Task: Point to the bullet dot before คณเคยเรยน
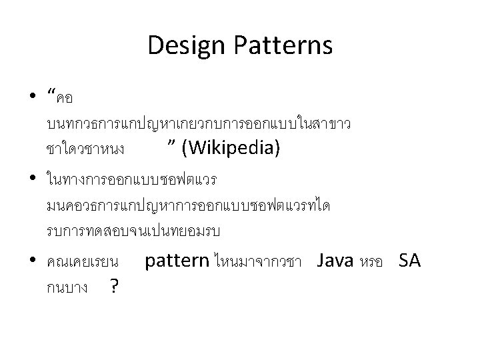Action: point(33,261)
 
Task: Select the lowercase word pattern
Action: point(177,261)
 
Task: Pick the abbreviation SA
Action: point(409,261)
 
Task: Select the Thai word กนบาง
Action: point(69,289)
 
